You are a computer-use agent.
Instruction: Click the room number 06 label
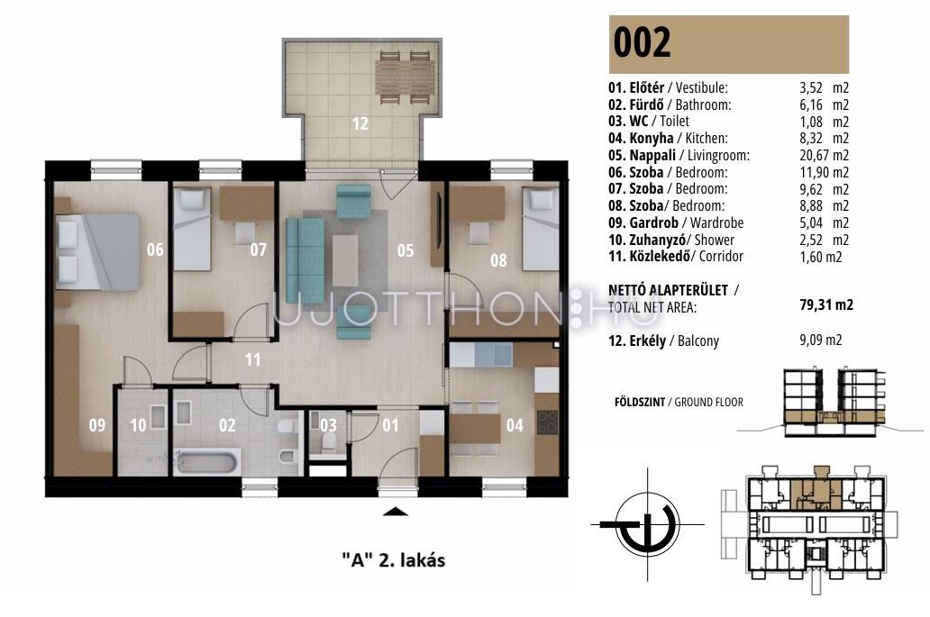point(155,250)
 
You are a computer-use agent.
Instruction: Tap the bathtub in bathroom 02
point(208,461)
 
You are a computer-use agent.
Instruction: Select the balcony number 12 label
point(360,123)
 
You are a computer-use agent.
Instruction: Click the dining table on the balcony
point(404,77)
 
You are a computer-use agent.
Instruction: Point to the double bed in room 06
point(97,251)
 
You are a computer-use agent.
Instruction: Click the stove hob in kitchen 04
point(547,422)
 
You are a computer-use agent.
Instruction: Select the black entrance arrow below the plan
point(395,513)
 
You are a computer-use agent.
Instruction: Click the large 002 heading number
point(642,42)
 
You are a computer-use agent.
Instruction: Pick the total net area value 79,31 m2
point(826,304)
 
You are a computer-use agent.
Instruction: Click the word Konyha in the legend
point(652,138)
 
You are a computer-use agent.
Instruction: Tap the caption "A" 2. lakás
point(394,560)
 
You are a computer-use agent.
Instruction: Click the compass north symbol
point(647,525)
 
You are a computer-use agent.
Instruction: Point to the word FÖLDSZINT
point(640,402)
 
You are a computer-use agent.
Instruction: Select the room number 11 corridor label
point(252,359)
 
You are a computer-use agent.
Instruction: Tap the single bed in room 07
point(192,229)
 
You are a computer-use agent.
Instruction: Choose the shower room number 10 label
point(138,425)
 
